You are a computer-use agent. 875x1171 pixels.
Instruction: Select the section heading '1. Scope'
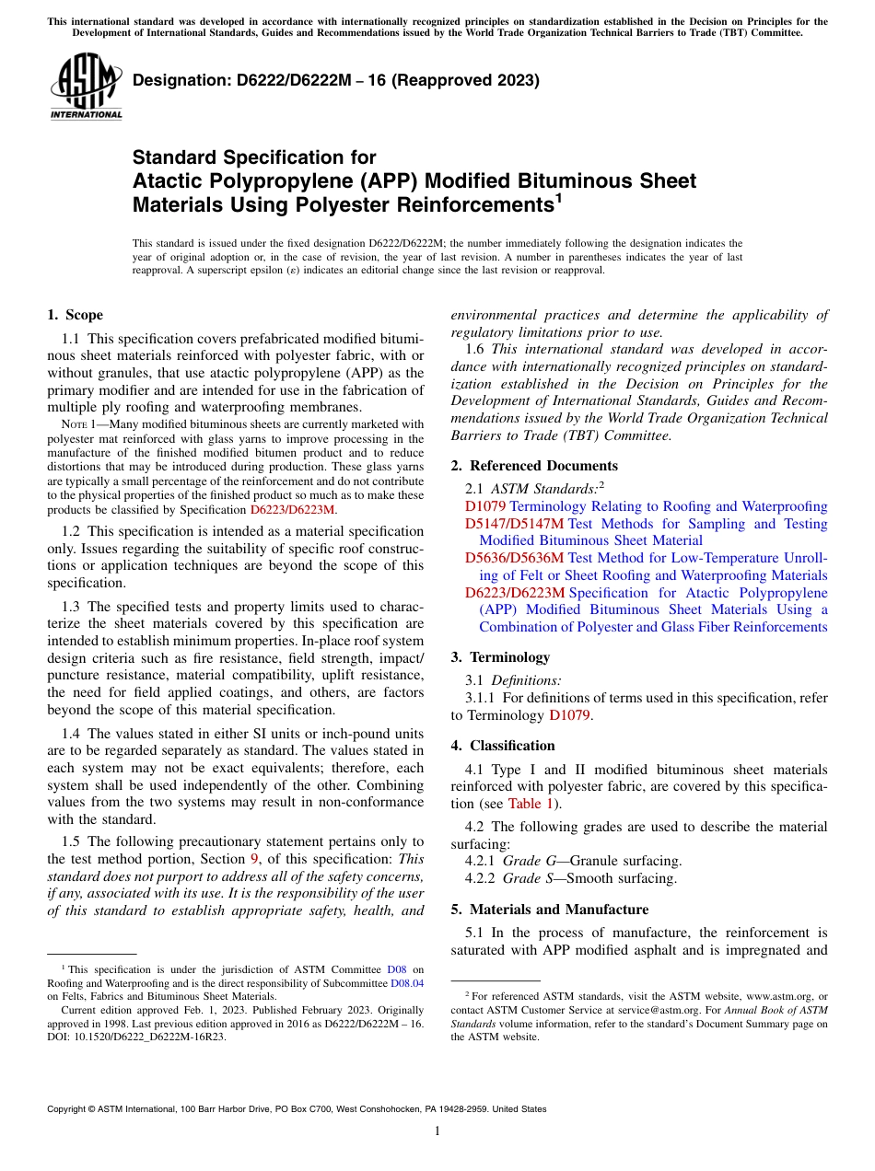(75, 316)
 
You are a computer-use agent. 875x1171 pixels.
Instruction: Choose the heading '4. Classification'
(503, 746)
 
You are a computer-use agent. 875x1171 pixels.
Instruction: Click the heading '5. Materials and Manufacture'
(549, 910)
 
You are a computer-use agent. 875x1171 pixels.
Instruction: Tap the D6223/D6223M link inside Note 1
(293, 509)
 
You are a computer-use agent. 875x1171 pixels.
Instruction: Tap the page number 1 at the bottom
(437, 1131)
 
